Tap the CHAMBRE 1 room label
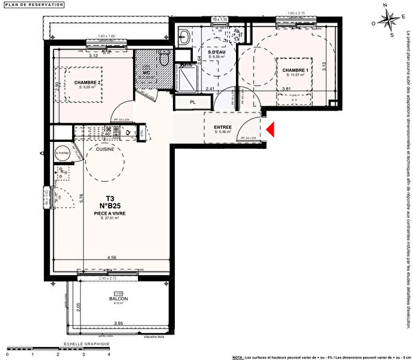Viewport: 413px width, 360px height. pyautogui.click(x=288, y=69)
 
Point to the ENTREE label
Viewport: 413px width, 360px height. pyautogui.click(x=223, y=127)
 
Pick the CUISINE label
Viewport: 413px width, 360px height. pyautogui.click(x=105, y=149)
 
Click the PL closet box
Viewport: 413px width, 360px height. pyautogui.click(x=192, y=103)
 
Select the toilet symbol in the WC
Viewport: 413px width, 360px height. pyautogui.click(x=163, y=62)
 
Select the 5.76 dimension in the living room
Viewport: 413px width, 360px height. pyautogui.click(x=81, y=200)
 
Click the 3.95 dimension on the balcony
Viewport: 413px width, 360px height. pyautogui.click(x=118, y=323)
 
